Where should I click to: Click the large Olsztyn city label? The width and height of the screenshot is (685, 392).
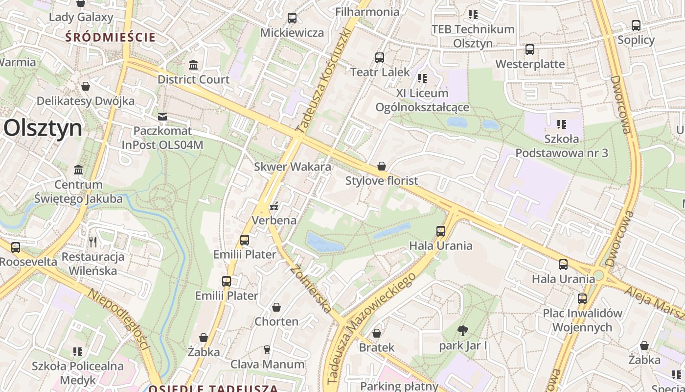pos(43,128)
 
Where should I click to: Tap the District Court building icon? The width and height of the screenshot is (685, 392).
pos(193,65)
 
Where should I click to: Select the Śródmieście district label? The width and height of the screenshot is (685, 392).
pos(111,37)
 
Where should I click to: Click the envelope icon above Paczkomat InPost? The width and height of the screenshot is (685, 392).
pos(162,117)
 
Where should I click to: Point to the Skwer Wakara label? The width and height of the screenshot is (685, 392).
pos(292,167)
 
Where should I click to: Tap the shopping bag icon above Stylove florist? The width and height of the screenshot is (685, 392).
pos(382,167)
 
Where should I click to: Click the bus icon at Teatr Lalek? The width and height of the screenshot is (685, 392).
pos(380,58)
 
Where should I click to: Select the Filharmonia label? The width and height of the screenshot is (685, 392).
pos(367,12)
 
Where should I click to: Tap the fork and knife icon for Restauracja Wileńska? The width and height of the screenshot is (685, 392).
pos(93,242)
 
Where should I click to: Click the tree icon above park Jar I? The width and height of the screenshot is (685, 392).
pos(462,331)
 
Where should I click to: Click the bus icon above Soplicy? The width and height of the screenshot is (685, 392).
pos(636,25)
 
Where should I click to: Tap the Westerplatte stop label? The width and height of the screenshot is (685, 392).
pos(530,64)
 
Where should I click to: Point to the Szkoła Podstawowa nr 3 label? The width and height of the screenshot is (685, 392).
pos(562,146)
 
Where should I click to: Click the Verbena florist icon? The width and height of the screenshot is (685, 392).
pos(274,206)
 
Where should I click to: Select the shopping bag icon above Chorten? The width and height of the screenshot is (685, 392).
pos(276,308)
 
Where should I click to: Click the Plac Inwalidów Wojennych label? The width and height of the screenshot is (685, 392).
pos(582,320)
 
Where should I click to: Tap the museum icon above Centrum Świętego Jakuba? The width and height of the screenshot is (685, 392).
pos(78,170)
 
